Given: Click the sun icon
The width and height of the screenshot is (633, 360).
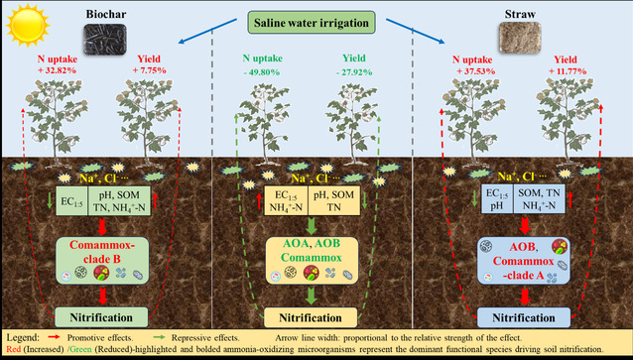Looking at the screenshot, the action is click(x=28, y=24).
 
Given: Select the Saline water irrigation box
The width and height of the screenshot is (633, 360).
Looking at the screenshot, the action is click(x=312, y=23).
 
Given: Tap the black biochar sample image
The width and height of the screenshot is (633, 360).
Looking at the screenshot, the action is click(x=105, y=39).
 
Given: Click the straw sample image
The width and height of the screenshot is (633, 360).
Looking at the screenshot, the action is click(x=520, y=38).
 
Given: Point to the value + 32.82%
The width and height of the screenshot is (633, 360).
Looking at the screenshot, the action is click(x=57, y=70).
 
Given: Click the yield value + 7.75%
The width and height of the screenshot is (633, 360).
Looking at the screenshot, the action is click(x=149, y=70).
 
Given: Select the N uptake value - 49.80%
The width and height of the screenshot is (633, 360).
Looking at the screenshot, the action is click(x=262, y=72).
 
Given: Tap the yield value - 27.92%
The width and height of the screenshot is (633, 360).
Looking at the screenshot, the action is click(x=354, y=72).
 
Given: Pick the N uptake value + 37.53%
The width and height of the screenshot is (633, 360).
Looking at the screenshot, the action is click(x=476, y=71).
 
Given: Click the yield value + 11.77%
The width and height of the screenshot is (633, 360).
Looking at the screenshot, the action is click(x=568, y=71).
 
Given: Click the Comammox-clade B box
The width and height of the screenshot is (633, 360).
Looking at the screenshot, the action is click(x=102, y=260).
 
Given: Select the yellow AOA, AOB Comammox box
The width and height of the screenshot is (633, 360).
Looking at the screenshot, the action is click(x=312, y=260).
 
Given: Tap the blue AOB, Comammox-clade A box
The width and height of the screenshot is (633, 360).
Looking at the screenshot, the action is click(x=524, y=260).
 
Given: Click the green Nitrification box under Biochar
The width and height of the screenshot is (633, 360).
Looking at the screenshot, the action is click(x=101, y=317).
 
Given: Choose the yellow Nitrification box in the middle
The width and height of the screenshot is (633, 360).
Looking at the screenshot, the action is click(x=311, y=317).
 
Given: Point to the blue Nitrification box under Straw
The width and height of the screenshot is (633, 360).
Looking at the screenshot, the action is click(x=524, y=317).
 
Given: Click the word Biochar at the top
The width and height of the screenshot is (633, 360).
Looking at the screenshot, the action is click(x=106, y=14).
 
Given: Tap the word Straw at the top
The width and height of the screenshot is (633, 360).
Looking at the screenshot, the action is click(x=520, y=14).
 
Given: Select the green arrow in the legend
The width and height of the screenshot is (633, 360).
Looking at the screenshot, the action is click(x=158, y=337).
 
